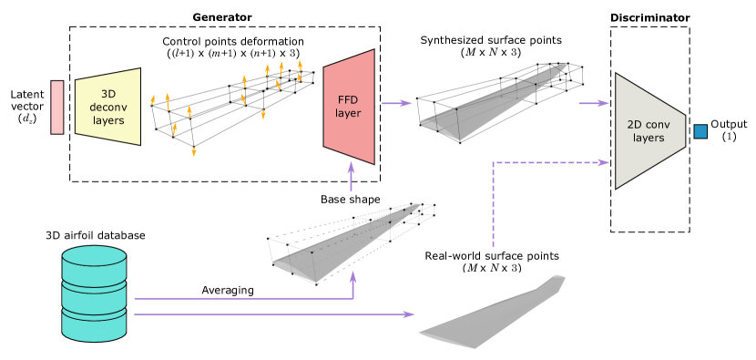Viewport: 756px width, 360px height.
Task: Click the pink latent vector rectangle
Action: [x=57, y=107]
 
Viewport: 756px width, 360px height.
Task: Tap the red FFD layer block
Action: [x=350, y=107]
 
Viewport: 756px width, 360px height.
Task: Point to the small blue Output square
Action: [x=700, y=132]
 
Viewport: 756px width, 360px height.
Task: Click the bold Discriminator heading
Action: [x=649, y=16]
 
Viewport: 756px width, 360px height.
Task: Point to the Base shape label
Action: [x=350, y=199]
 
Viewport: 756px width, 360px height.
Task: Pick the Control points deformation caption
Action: [x=244, y=41]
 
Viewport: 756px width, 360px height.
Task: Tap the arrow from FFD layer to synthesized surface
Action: [x=394, y=102]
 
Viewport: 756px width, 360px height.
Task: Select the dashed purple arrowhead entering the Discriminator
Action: [x=602, y=162]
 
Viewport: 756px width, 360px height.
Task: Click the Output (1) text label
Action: [x=729, y=130]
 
